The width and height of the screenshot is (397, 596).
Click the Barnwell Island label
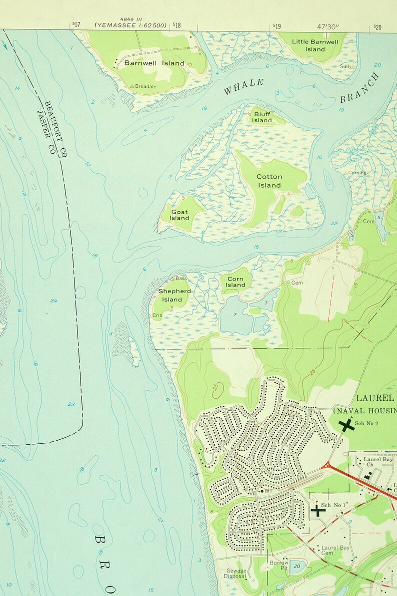coord(147,63)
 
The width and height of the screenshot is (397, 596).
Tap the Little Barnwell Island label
coord(315,45)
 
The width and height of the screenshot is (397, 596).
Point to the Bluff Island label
coord(262,117)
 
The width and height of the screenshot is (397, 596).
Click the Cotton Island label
coord(269,181)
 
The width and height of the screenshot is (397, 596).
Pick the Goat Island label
coord(179,215)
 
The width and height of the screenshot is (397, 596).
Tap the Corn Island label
coord(235,282)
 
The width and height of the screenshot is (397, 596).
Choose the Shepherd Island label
coord(174,295)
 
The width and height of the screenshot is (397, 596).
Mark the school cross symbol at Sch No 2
coord(345,424)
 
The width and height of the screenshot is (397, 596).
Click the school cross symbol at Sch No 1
coord(317,510)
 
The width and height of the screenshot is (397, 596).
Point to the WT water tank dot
coord(261,491)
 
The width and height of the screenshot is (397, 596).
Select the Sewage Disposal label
coord(235,573)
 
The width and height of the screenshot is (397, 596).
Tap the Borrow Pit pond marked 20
coord(297,567)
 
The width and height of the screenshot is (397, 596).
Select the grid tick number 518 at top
coord(176,25)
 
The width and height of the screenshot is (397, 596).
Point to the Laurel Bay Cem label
coord(334,550)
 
